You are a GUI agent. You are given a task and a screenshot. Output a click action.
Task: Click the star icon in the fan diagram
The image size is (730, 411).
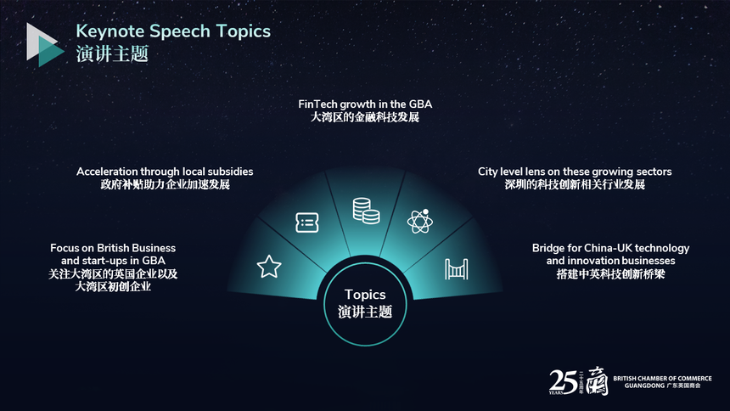[269, 267]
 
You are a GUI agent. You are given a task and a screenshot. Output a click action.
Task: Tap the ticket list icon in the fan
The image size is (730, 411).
[307, 222]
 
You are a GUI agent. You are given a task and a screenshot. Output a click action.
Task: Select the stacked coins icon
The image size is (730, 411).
[366, 211]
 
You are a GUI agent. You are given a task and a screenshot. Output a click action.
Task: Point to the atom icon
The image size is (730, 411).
[420, 222]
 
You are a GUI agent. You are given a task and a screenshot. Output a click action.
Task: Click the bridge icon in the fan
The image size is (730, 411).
[457, 269]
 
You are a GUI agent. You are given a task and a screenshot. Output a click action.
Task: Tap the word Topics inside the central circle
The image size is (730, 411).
[365, 295]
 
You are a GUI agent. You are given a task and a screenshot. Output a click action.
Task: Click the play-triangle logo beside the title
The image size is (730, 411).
[45, 45]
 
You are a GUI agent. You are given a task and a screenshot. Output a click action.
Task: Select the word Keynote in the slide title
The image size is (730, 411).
[109, 31]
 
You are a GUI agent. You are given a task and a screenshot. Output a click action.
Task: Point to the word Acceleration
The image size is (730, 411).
[107, 172]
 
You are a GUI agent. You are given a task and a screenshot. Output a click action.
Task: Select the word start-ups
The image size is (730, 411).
[104, 261]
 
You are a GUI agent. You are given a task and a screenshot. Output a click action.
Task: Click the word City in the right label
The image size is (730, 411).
[488, 172]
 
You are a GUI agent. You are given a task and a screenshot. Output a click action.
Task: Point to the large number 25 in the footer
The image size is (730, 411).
[564, 382]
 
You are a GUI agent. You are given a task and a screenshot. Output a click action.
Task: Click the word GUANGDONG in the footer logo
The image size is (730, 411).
[644, 386]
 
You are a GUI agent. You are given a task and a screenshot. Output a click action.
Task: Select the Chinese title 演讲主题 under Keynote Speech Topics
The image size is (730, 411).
[112, 53]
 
